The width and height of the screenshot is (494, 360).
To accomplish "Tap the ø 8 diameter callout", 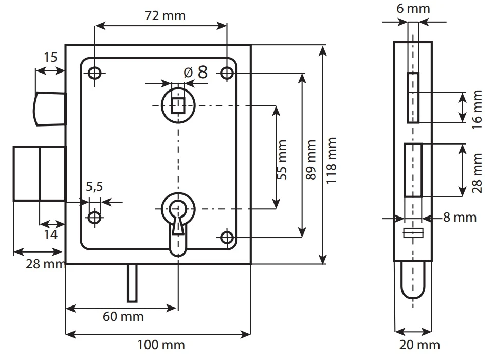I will click(x=196, y=73).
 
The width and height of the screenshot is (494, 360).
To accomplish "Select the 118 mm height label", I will click(x=332, y=154).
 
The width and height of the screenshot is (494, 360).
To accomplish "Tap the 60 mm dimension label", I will click(x=123, y=316).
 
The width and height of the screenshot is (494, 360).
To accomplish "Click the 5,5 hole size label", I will click(x=95, y=187).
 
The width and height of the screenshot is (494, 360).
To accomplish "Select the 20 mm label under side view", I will click(x=418, y=345).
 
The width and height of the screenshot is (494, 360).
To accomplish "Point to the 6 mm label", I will click(x=414, y=9).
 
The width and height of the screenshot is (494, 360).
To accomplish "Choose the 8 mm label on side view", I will click(x=460, y=218).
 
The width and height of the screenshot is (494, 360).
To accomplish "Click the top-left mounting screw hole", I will click(x=95, y=73).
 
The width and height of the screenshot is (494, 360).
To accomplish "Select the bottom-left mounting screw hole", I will click(x=95, y=217).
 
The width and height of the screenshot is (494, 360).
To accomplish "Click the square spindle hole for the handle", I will click(x=178, y=105).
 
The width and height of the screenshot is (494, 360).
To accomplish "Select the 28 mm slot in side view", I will click(x=413, y=170).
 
